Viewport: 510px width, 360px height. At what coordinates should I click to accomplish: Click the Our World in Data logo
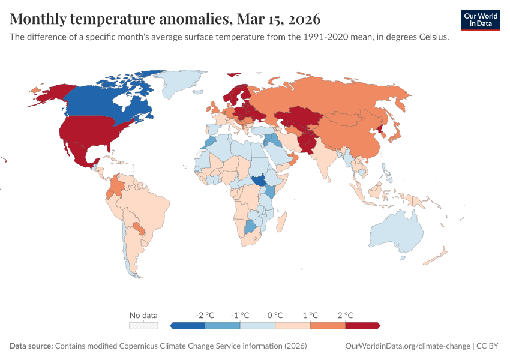480,19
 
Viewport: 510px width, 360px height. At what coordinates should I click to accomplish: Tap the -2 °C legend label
205,315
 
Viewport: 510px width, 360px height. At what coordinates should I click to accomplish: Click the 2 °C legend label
345,315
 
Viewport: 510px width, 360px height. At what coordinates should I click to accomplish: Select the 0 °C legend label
275,315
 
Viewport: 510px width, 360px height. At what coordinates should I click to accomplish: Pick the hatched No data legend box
144,325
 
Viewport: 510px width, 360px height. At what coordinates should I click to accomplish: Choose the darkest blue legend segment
188,325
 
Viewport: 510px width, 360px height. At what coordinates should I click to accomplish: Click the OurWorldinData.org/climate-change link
407,346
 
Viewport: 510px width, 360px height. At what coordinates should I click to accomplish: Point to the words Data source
31,346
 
